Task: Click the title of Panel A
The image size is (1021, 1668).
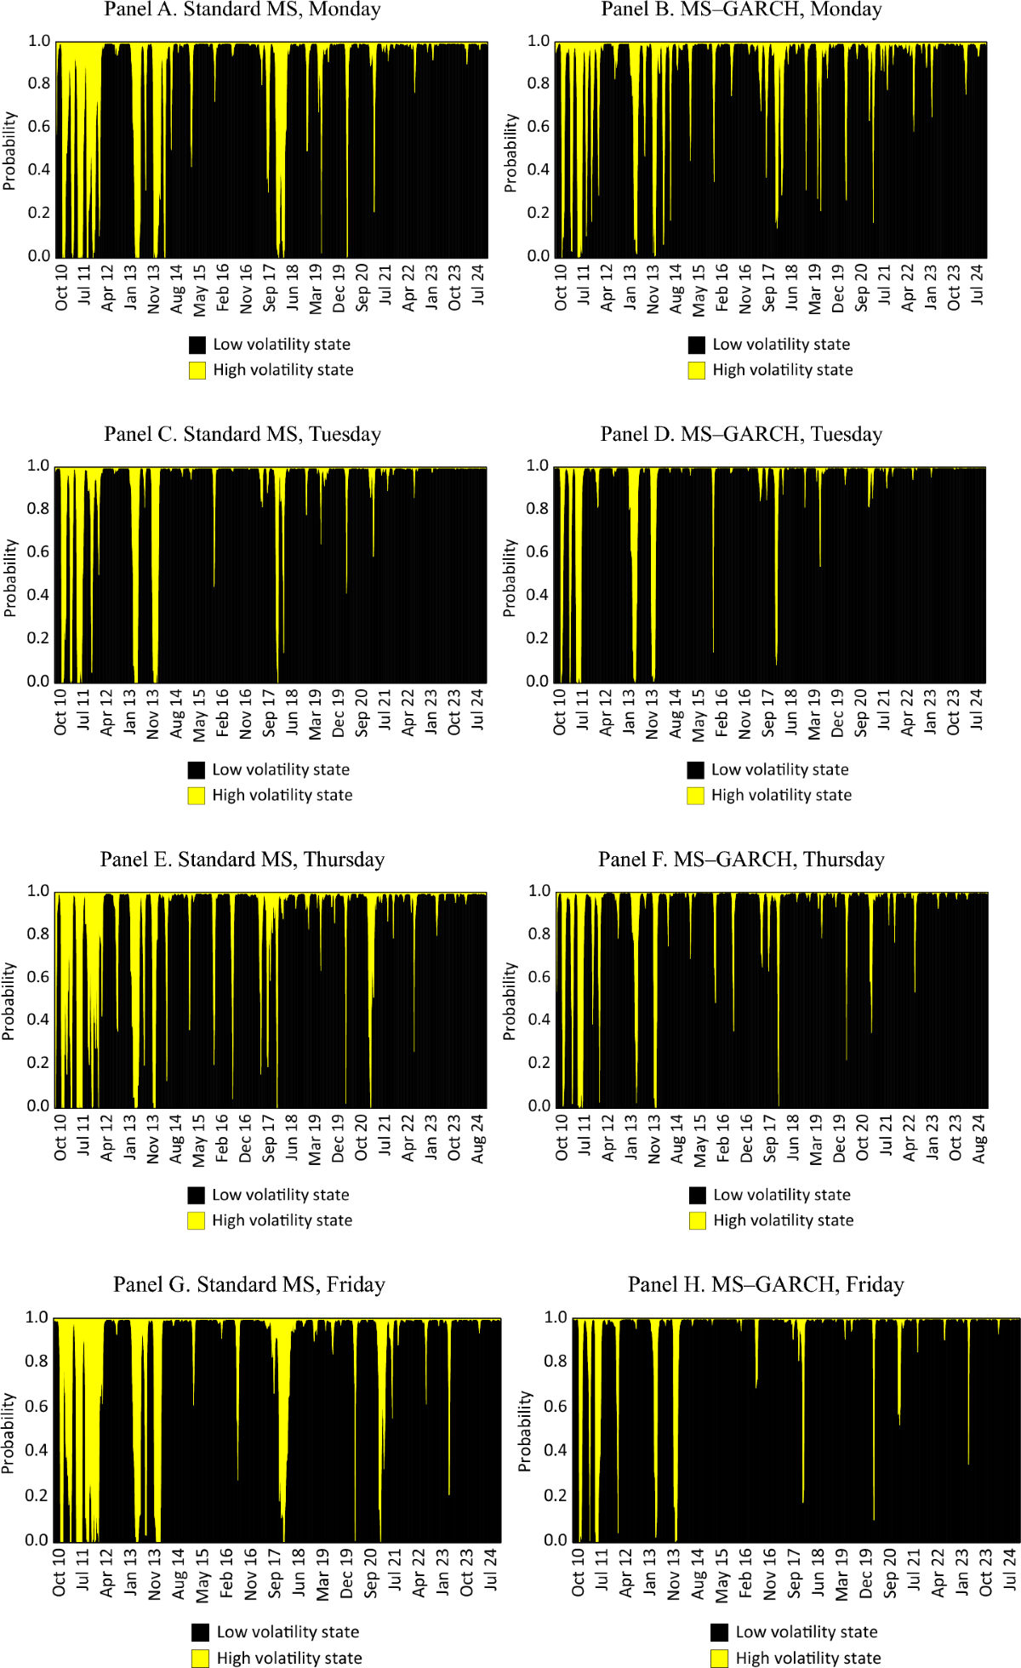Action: pos(242,10)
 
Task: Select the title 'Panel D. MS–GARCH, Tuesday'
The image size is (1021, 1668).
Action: pos(741,434)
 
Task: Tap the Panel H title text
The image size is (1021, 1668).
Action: pos(766,1284)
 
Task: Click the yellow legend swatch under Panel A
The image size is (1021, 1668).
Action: pos(197,370)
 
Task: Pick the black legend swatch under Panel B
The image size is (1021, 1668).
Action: pos(697,345)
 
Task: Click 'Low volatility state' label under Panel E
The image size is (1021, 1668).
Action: pos(281,1195)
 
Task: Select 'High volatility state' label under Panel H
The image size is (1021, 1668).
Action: pos(807,1658)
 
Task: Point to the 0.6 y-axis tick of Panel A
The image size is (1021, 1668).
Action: pos(39,126)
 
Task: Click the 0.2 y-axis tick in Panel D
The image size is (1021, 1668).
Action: pos(537,637)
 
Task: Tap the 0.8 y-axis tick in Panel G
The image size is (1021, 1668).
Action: pos(37,1361)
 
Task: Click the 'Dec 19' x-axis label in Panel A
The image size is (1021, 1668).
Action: pos(339,288)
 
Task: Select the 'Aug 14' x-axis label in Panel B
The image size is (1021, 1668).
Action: pos(676,288)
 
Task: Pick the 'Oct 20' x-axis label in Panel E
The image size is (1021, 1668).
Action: pos(362,1138)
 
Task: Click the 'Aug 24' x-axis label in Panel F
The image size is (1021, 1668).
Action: pos(979,1138)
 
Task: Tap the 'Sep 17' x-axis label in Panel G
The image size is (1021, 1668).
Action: pos(275,1574)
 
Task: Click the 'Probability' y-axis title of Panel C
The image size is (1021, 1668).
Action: pos(10,578)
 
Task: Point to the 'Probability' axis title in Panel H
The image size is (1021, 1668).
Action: pos(525,1431)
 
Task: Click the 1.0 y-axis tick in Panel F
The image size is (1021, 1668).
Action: pos(539,891)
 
